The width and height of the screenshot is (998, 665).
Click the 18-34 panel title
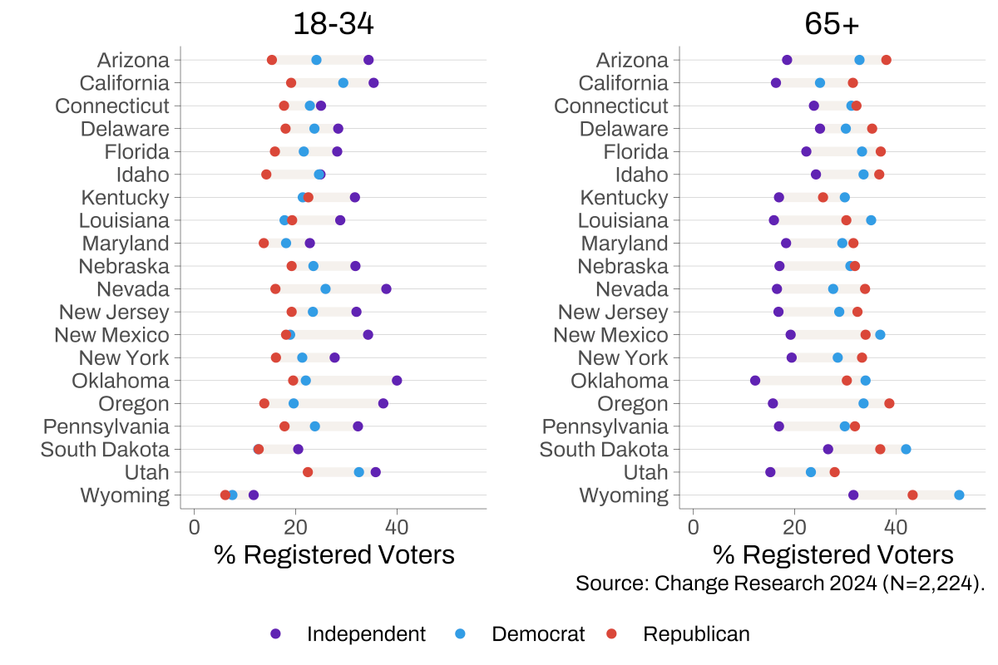pyautogui.click(x=333, y=24)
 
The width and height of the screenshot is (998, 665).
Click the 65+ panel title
pyautogui.click(x=832, y=24)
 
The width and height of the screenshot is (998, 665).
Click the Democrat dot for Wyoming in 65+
pyautogui.click(x=959, y=495)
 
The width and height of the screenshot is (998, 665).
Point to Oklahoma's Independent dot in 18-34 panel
pyautogui.click(x=397, y=381)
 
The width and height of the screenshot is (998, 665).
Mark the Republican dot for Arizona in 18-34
pyautogui.click(x=272, y=60)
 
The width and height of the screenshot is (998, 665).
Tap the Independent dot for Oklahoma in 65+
pyautogui.click(x=755, y=381)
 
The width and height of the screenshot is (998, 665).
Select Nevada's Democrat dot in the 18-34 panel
pyautogui.click(x=325, y=289)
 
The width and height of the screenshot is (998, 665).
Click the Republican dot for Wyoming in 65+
pyautogui.click(x=912, y=495)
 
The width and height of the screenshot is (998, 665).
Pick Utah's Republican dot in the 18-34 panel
pyautogui.click(x=308, y=472)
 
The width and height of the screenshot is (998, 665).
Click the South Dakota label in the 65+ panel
pyautogui.click(x=604, y=450)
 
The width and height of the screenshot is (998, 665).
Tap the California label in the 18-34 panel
pyautogui.click(x=124, y=83)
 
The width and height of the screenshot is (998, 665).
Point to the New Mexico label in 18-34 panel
pyautogui.click(x=111, y=335)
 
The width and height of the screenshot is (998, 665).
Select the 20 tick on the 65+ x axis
pyautogui.click(x=794, y=526)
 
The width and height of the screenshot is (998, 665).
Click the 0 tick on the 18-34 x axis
pyautogui.click(x=194, y=526)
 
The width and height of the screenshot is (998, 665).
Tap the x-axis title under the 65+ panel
pyautogui.click(x=832, y=554)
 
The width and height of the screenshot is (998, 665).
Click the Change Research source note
pyautogui.click(x=779, y=583)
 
